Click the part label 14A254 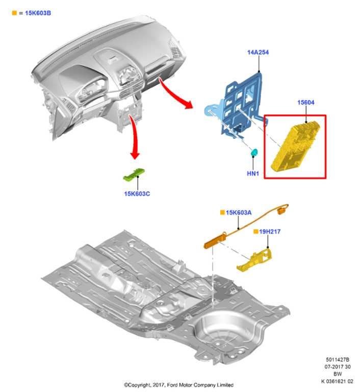258,52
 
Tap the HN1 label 253,174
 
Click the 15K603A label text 239,212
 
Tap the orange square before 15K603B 14,13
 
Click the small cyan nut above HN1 253,153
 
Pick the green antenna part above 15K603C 134,175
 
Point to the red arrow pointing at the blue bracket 176,95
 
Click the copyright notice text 178,384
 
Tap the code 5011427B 338,360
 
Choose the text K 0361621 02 337,381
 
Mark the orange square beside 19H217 256,232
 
